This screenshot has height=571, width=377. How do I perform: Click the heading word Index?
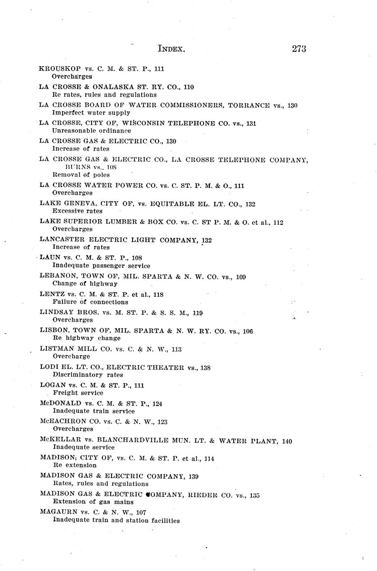[171, 49]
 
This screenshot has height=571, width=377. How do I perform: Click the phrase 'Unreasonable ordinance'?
[92, 131]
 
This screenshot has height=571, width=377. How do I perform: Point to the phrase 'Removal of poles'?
[81, 175]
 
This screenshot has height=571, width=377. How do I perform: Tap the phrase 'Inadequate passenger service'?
[101, 266]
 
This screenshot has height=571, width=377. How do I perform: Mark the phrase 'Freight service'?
[78, 393]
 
